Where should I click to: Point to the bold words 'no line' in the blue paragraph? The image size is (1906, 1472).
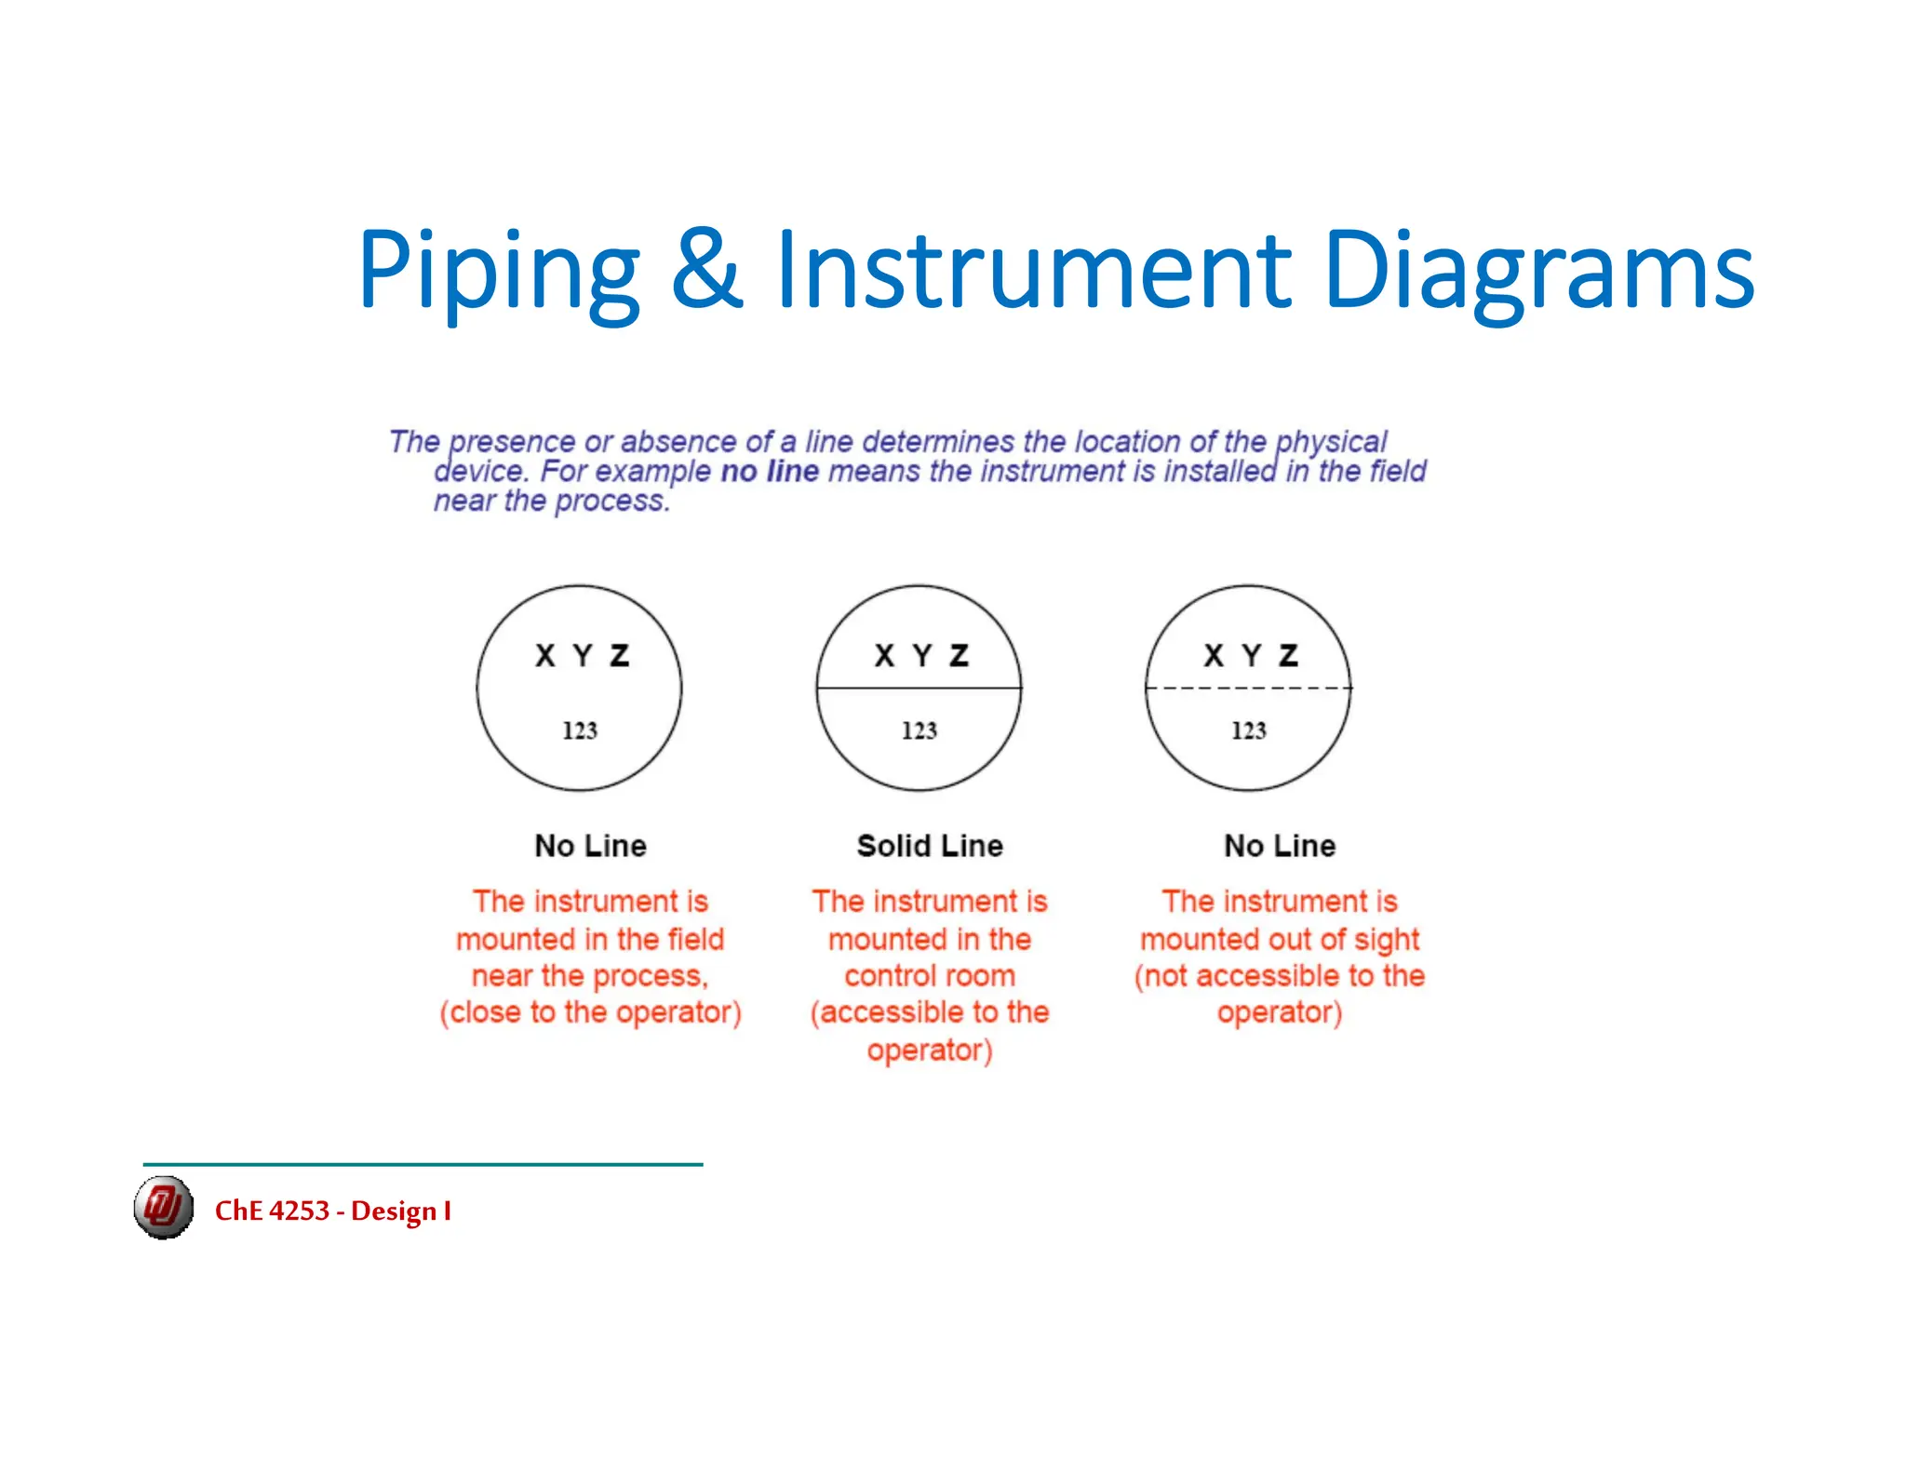(x=770, y=472)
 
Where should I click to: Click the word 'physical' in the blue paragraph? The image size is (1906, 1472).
(x=1331, y=441)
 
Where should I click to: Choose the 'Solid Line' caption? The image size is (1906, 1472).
(x=930, y=846)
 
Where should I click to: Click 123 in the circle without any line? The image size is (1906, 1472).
(x=580, y=730)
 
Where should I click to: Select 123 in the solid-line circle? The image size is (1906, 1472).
(x=919, y=730)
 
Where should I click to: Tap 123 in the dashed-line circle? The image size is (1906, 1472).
(x=1249, y=730)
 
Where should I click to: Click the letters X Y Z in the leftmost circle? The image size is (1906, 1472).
(x=583, y=656)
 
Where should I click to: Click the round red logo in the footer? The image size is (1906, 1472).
(x=164, y=1208)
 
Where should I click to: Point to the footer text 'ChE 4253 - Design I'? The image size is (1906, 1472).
(x=333, y=1211)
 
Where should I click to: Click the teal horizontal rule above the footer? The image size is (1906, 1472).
(x=423, y=1164)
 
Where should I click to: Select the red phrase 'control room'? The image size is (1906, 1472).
(x=930, y=976)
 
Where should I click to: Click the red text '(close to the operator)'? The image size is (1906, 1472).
(x=590, y=1012)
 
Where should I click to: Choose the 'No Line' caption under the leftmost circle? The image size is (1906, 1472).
(x=590, y=846)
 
